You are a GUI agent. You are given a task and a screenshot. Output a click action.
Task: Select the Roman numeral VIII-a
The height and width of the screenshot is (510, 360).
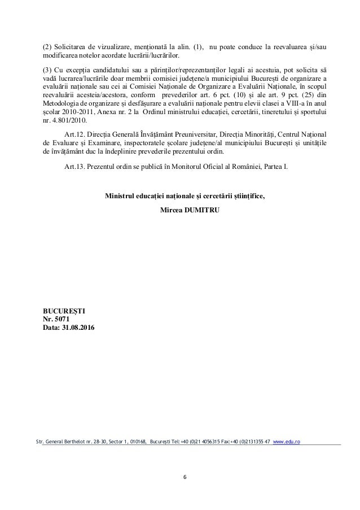(287, 103)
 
